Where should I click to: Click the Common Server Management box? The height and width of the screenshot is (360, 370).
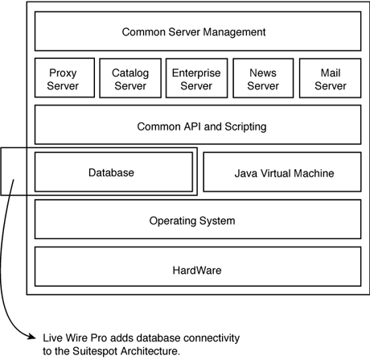pyautogui.click(x=198, y=31)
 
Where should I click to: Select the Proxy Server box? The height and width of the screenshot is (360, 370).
pyautogui.click(x=64, y=78)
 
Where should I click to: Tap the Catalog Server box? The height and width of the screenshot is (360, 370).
pyautogui.click(x=130, y=78)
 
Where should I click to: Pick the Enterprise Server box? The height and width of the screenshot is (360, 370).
pyautogui.click(x=196, y=78)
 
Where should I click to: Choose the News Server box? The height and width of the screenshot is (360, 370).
pyautogui.click(x=263, y=78)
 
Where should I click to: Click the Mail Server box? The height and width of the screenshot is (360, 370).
pyautogui.click(x=330, y=78)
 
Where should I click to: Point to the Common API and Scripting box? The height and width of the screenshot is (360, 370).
pyautogui.click(x=198, y=125)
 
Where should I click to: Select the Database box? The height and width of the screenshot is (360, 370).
pyautogui.click(x=113, y=172)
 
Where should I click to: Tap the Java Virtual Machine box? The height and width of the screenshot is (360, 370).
pyautogui.click(x=282, y=172)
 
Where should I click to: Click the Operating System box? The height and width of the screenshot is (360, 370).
pyautogui.click(x=198, y=219)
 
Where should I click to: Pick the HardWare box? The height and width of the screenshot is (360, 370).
pyautogui.click(x=198, y=267)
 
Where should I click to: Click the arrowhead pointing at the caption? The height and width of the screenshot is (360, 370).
pyautogui.click(x=31, y=337)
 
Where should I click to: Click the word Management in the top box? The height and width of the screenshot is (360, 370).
pyautogui.click(x=234, y=32)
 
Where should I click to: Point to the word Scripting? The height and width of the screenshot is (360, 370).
pyautogui.click(x=245, y=126)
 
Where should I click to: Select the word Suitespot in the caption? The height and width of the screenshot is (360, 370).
pyautogui.click(x=95, y=351)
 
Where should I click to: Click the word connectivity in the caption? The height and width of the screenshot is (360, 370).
pyautogui.click(x=212, y=338)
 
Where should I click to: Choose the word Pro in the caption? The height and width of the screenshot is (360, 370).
pyautogui.click(x=99, y=338)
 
